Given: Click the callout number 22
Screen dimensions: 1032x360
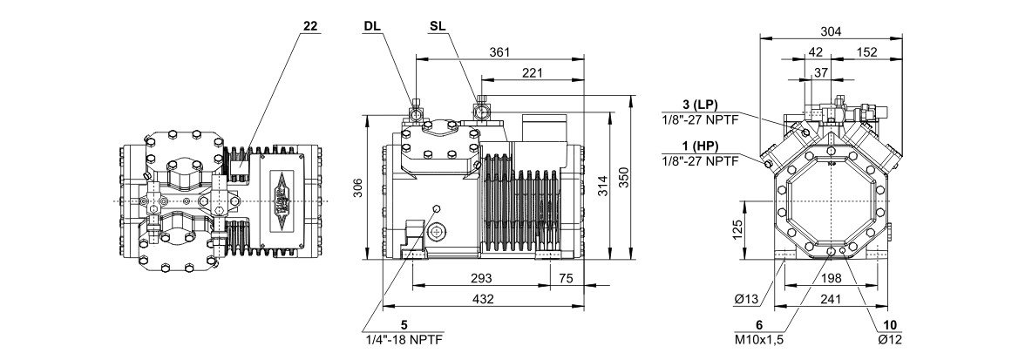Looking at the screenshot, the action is [x=310, y=26].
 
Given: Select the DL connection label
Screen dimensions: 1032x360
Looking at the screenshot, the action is [x=370, y=26].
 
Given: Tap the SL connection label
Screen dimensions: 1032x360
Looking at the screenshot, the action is [x=437, y=26].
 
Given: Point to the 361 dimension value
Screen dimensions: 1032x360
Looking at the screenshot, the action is [x=499, y=52].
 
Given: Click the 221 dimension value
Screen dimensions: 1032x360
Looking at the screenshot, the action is [x=532, y=72].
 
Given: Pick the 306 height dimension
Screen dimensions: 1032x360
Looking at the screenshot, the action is [x=356, y=187].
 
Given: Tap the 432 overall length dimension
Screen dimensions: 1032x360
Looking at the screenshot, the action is [x=483, y=300].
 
